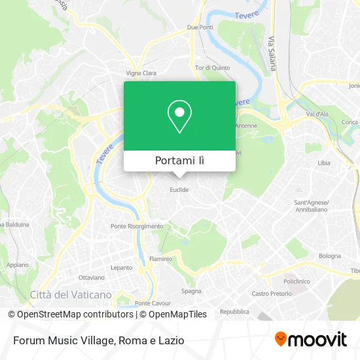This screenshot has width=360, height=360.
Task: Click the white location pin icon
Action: coord(179,117)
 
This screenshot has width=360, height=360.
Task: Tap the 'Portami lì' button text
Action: coord(179,160)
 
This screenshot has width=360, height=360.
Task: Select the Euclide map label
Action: coord(179,190)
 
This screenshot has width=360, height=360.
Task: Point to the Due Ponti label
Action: coord(200,27)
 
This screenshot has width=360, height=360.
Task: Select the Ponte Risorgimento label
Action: coord(137,226)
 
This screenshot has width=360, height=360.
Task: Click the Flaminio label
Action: coord(160,259)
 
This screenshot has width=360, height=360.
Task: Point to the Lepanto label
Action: coord(121,268)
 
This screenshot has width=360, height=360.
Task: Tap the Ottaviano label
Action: coord(92,278)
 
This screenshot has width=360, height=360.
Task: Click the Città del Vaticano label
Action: coord(71,295)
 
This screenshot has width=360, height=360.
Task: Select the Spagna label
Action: coord(191,291)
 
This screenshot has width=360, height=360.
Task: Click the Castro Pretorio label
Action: coord(271,294)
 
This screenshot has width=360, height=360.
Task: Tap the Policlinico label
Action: coord(296,281)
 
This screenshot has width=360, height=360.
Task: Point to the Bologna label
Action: coord(330,256)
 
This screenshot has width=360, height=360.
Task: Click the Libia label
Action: coord(323,162)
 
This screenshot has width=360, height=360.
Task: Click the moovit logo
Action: coord(310,339)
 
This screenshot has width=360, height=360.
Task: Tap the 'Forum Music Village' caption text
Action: coord(64,340)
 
